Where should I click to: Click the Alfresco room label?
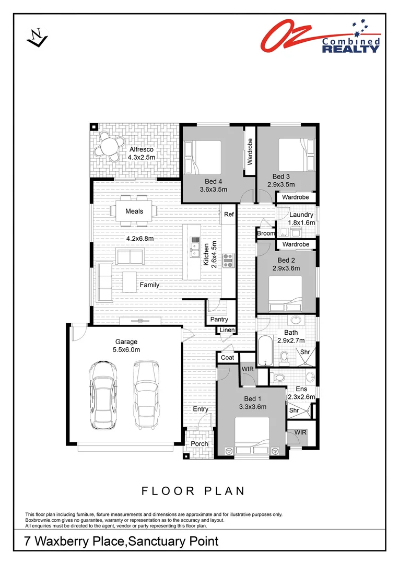click(x=142, y=150)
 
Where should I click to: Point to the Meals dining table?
click(x=134, y=211)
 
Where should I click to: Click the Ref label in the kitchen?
click(x=229, y=214)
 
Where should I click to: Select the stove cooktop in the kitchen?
click(x=229, y=258)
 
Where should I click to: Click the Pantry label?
click(x=219, y=319)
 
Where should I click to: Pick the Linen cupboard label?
click(x=227, y=330)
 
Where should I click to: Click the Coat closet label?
click(x=227, y=357)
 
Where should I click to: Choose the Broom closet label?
click(x=265, y=233)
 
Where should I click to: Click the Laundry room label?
click(x=301, y=215)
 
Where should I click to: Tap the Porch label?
click(x=199, y=444)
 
